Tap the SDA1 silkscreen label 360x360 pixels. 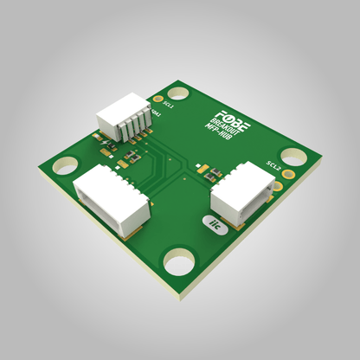157,112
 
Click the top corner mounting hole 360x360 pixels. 178,92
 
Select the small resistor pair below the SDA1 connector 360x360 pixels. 130,156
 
